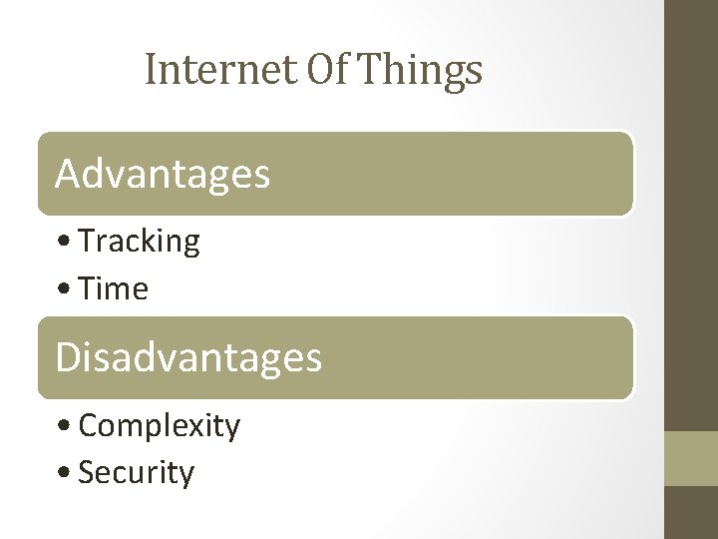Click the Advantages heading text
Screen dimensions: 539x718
coord(163,174)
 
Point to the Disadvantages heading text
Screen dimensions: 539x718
coord(188,357)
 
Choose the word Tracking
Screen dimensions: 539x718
coord(139,242)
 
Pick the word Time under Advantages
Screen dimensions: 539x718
coord(113,289)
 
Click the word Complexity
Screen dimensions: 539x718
coord(159,426)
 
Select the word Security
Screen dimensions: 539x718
coord(136,473)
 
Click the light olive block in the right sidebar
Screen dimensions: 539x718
coord(691,458)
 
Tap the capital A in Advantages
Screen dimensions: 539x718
coord(68,174)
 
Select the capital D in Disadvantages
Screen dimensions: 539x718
coord(68,357)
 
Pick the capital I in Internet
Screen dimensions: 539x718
coord(151,70)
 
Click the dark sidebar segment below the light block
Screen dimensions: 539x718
coord(691,513)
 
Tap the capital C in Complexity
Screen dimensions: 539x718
coord(89,426)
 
